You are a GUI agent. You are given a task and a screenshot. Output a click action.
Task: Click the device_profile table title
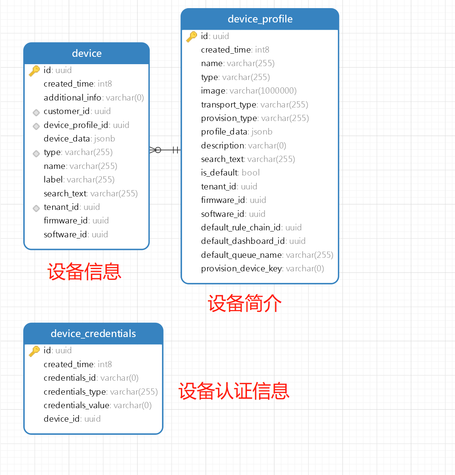[x=260, y=19]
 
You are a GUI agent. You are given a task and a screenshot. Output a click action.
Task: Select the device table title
[x=87, y=53]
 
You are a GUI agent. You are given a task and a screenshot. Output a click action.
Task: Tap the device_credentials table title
[x=93, y=334]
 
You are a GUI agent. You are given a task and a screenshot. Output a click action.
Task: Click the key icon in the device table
[x=34, y=70]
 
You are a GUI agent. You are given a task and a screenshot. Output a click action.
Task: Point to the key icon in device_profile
[x=192, y=36]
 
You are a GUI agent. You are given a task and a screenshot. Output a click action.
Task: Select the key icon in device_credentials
[x=34, y=351]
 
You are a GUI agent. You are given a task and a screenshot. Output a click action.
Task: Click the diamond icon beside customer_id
[x=36, y=112]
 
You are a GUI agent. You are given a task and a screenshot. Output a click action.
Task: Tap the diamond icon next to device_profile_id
[x=36, y=126]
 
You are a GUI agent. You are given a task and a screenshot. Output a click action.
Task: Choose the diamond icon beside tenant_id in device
[x=36, y=208]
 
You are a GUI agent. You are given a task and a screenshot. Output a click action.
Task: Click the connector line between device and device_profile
[x=165, y=150]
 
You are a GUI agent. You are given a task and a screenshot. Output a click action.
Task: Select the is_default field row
[x=230, y=173]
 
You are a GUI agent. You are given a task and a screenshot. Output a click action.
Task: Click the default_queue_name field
[x=267, y=255]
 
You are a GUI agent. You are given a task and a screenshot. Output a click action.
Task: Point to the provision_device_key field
[x=262, y=269]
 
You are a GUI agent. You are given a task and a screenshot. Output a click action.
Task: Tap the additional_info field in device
[x=94, y=98]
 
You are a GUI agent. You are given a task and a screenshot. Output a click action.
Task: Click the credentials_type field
[x=101, y=392]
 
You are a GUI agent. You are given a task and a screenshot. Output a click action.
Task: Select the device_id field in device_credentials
[x=72, y=419]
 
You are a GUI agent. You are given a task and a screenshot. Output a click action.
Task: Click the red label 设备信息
[x=84, y=272]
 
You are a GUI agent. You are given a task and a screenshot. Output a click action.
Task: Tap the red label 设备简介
[x=244, y=303]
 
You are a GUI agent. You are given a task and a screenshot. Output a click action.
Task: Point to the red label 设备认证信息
[x=233, y=391]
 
